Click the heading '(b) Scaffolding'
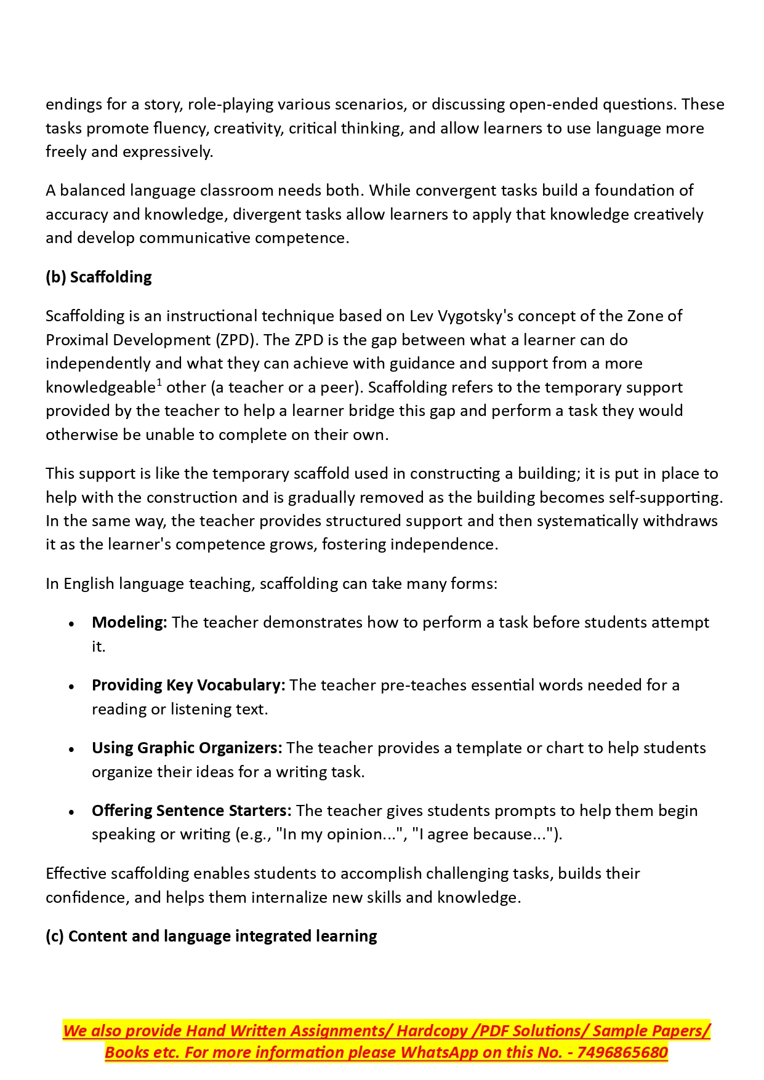click(x=99, y=277)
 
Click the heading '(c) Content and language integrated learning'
click(x=211, y=936)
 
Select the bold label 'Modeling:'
click(x=129, y=622)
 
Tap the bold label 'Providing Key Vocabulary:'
click(x=188, y=685)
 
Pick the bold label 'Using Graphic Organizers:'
click(x=187, y=748)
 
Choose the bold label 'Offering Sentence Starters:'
click(x=191, y=810)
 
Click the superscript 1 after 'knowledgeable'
click(x=159, y=383)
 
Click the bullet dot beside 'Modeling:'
click(x=72, y=623)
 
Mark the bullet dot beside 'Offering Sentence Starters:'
click(x=72, y=812)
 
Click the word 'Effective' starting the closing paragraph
click(x=76, y=873)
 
